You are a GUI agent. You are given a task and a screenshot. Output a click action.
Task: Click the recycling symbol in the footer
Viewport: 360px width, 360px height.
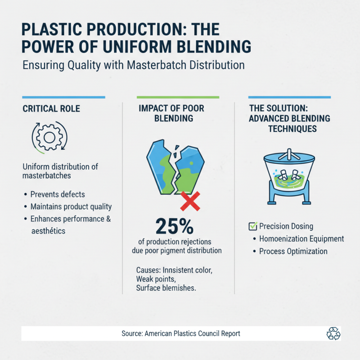pyautogui.click(x=333, y=333)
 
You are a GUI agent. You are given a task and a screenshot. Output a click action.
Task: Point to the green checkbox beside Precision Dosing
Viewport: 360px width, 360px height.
pyautogui.click(x=252, y=226)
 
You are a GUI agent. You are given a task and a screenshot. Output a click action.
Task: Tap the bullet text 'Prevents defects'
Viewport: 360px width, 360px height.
pyautogui.click(x=58, y=194)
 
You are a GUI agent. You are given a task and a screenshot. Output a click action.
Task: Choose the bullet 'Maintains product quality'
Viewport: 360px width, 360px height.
pyautogui.click(x=71, y=207)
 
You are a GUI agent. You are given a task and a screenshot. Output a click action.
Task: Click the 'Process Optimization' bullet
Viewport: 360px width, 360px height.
pyautogui.click(x=293, y=251)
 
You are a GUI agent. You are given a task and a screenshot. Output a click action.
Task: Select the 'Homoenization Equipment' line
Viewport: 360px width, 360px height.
pyautogui.click(x=301, y=239)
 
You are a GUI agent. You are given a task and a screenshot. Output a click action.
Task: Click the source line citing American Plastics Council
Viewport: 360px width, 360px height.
pyautogui.click(x=181, y=333)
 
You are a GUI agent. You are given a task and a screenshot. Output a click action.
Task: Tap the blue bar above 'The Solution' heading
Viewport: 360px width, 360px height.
pyautogui.click(x=289, y=97)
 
